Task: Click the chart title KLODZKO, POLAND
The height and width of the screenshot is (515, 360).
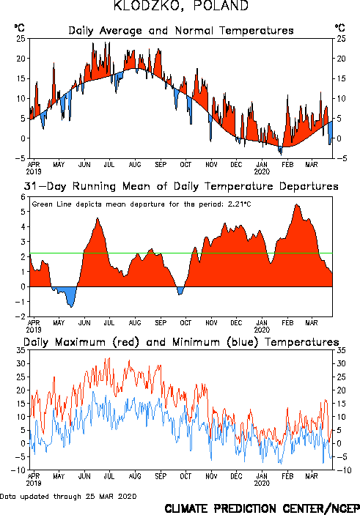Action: (x=181, y=6)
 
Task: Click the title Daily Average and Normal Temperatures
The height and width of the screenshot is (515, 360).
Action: (x=181, y=31)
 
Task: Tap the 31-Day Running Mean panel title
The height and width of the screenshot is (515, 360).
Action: (x=181, y=187)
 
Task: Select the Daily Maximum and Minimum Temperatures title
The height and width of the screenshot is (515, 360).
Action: (x=181, y=342)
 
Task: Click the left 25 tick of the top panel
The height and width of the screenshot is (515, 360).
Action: (x=21, y=38)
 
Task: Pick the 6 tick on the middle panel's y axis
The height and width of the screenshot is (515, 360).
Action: (x=23, y=197)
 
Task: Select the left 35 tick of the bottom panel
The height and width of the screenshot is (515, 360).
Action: (x=21, y=350)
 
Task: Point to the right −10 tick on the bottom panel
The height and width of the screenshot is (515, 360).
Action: (x=344, y=470)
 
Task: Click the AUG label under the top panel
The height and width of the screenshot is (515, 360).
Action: (x=135, y=165)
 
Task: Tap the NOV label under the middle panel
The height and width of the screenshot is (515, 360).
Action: (x=211, y=323)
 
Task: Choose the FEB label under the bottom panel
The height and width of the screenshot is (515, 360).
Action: (x=287, y=476)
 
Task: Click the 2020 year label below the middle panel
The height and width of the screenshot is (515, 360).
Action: (x=262, y=330)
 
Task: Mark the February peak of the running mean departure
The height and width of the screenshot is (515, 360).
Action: (x=296, y=204)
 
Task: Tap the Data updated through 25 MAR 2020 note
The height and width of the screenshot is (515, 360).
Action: (x=68, y=496)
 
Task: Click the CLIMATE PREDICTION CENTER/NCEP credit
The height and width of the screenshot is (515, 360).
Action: (x=262, y=508)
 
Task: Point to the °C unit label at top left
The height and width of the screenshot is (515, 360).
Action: (x=19, y=28)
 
